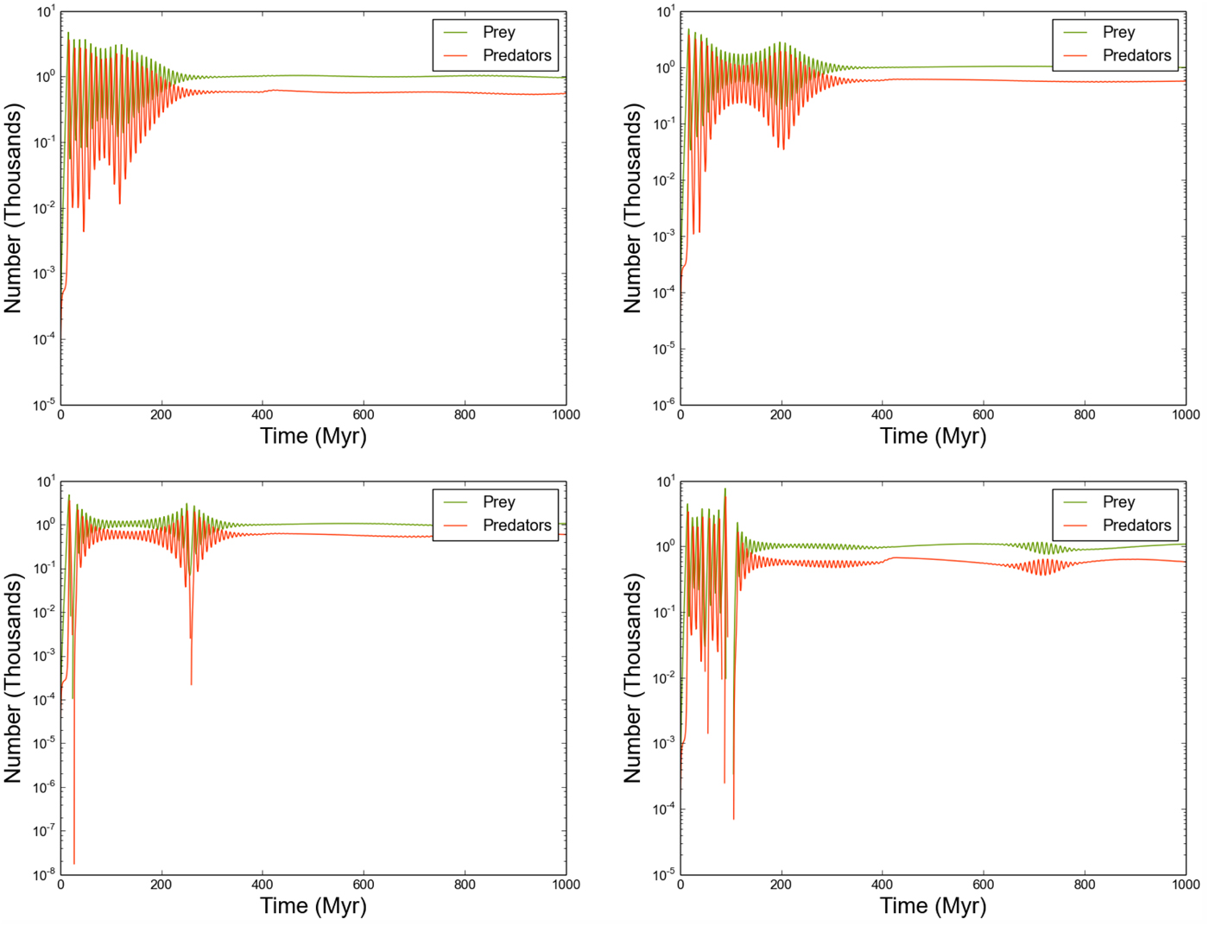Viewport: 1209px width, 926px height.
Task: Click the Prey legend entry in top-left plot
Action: point(498,32)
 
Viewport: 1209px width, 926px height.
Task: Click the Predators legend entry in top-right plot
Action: point(1136,55)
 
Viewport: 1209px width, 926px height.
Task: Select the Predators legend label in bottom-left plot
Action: point(516,526)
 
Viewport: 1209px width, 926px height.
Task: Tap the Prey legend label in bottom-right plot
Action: point(1118,502)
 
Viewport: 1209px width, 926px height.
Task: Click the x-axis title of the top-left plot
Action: point(313,436)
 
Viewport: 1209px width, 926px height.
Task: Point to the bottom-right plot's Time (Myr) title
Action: point(933,906)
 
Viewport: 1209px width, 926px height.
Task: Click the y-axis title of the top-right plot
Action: point(633,208)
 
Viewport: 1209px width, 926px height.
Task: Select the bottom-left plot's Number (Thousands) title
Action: point(13,678)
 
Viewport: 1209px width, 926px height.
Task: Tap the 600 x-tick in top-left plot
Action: point(364,415)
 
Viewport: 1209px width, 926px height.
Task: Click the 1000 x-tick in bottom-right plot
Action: point(1185,885)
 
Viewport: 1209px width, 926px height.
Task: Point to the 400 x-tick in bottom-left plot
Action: point(263,885)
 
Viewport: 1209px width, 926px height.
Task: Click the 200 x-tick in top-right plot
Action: point(781,415)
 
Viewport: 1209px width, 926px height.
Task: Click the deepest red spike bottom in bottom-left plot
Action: point(74,862)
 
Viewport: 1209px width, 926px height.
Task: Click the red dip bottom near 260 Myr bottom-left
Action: point(191,683)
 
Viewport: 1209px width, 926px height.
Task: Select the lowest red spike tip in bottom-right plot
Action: point(734,818)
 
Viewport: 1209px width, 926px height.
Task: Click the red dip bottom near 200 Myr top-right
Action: point(783,148)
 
